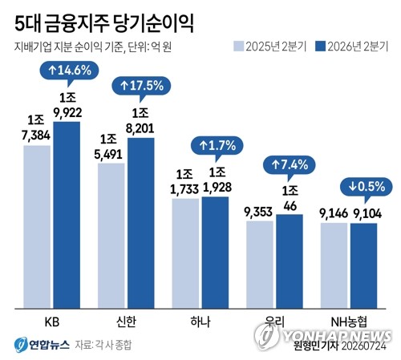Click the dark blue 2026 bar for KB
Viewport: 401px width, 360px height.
(67, 215)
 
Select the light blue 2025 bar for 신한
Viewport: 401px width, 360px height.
(111, 236)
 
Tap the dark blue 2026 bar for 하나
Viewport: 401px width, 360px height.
(215, 253)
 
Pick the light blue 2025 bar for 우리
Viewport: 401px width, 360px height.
(260, 265)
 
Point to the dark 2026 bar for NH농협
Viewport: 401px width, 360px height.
(364, 266)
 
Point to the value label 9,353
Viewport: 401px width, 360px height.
(258, 212)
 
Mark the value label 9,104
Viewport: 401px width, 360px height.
(367, 214)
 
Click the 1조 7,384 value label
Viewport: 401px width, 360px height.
(36, 127)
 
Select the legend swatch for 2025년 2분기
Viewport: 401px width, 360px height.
(239, 47)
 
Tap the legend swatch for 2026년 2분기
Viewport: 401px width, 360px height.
(321, 47)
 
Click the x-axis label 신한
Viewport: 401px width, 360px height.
(126, 322)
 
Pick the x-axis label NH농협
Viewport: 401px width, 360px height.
(349, 322)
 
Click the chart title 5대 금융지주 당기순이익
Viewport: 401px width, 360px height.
(104, 24)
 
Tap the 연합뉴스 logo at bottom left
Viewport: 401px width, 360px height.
(42, 345)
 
